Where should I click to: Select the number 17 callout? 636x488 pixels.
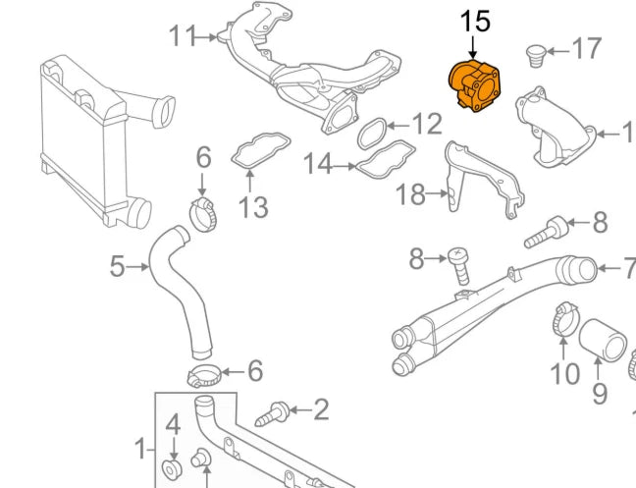click(x=586, y=48)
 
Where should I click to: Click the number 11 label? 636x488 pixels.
click(x=183, y=37)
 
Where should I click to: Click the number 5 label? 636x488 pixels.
click(x=117, y=266)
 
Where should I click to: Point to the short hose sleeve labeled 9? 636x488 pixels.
click(x=603, y=344)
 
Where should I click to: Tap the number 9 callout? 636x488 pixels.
click(x=600, y=394)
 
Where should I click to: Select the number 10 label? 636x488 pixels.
click(x=564, y=374)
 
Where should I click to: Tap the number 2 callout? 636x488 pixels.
click(x=321, y=409)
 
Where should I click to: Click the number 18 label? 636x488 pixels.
click(x=410, y=195)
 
